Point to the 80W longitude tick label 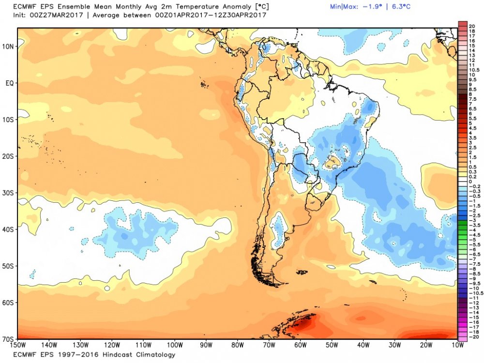tap(237, 345)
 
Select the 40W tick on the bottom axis tap(363, 345)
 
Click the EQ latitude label tap(9, 83)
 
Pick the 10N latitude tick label tap(9, 46)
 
